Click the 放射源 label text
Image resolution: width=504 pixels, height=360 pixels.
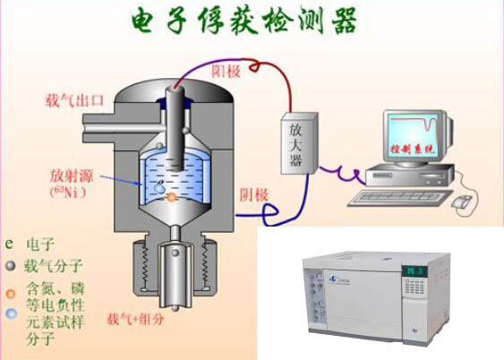70,176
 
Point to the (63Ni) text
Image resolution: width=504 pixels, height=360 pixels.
70,192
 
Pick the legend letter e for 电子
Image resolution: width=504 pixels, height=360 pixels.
9,243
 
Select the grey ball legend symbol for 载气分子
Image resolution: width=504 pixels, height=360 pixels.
9,265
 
